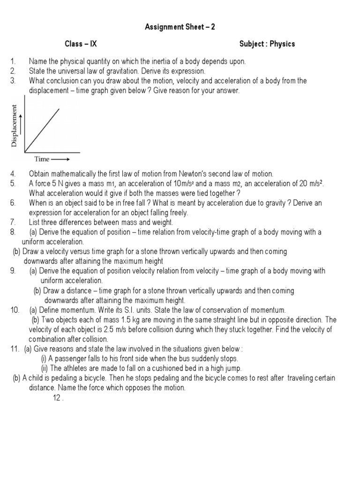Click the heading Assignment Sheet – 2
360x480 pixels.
(x=180, y=27)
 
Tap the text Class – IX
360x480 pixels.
(x=81, y=44)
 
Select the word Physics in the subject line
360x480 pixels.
(x=283, y=44)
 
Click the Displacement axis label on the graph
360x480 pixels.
(x=15, y=126)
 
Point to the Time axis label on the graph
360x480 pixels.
(x=41, y=159)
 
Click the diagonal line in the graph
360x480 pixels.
(x=42, y=130)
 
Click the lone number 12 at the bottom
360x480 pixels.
(x=57, y=398)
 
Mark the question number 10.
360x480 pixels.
(x=14, y=310)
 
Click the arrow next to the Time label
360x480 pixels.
(x=60, y=159)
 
